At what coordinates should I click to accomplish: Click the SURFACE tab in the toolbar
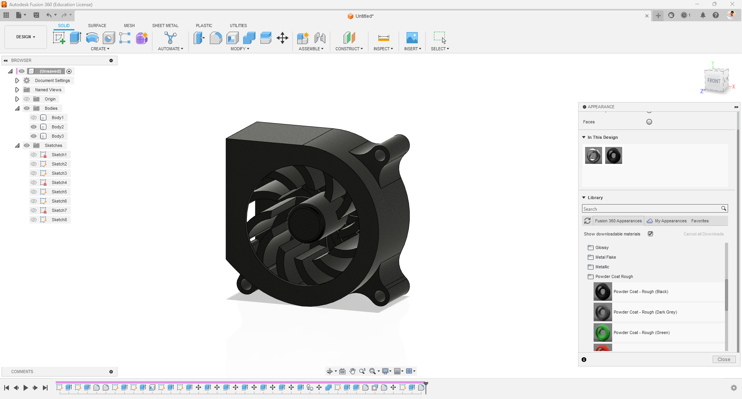(x=97, y=26)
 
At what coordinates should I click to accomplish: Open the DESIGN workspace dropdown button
(x=26, y=37)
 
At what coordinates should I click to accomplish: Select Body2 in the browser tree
(x=58, y=127)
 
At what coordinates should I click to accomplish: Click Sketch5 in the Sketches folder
(x=59, y=192)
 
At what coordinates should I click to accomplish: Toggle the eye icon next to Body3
(x=34, y=136)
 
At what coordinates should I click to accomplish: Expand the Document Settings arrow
(x=17, y=80)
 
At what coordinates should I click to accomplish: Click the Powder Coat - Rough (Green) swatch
(x=602, y=332)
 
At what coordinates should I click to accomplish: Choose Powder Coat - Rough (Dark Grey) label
(x=645, y=312)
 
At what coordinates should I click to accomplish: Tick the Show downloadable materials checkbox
(x=650, y=234)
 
